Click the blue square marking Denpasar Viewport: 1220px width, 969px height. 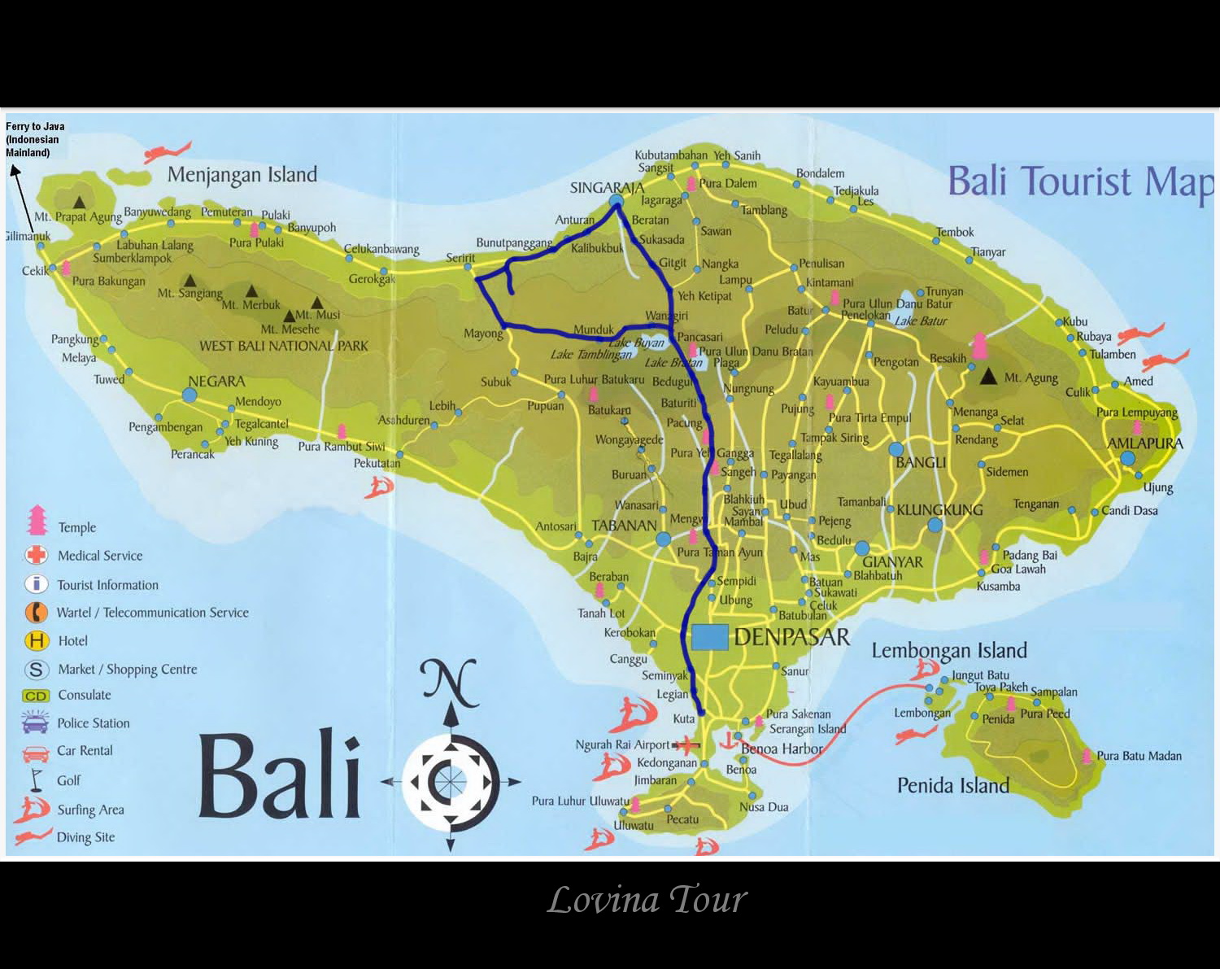(x=709, y=637)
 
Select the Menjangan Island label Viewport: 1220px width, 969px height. (x=242, y=175)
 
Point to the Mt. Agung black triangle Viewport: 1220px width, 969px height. (x=988, y=376)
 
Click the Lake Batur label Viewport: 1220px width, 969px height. (x=921, y=321)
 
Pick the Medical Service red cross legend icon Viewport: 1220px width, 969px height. (x=37, y=556)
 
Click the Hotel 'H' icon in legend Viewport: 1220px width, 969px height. (x=37, y=641)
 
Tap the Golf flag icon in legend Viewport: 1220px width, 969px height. (x=36, y=780)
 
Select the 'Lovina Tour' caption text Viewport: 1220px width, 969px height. (x=647, y=900)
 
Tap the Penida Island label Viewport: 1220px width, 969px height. (x=952, y=785)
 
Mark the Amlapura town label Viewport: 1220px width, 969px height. (x=1145, y=443)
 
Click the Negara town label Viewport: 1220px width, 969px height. (x=216, y=381)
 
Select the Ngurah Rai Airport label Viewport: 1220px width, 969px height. (x=622, y=744)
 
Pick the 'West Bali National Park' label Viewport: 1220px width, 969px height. (x=284, y=346)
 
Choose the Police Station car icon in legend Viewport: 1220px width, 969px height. (x=37, y=722)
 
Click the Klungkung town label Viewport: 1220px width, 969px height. (x=939, y=510)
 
